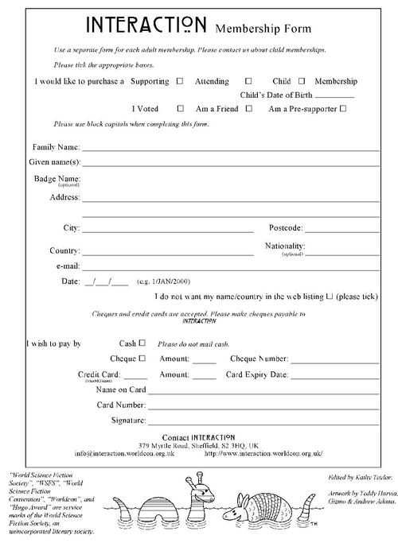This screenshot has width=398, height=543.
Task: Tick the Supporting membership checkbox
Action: pyautogui.click(x=179, y=81)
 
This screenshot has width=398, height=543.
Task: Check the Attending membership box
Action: pyautogui.click(x=248, y=81)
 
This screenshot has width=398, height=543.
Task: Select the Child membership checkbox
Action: pyautogui.click(x=302, y=81)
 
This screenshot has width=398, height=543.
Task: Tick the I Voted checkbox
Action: pyautogui.click(x=181, y=108)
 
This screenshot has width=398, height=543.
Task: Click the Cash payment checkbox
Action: pyautogui.click(x=142, y=343)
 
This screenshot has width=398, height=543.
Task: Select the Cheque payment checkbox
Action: pyautogui.click(x=142, y=359)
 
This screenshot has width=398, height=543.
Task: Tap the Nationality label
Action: pyautogui.click(x=285, y=246)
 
